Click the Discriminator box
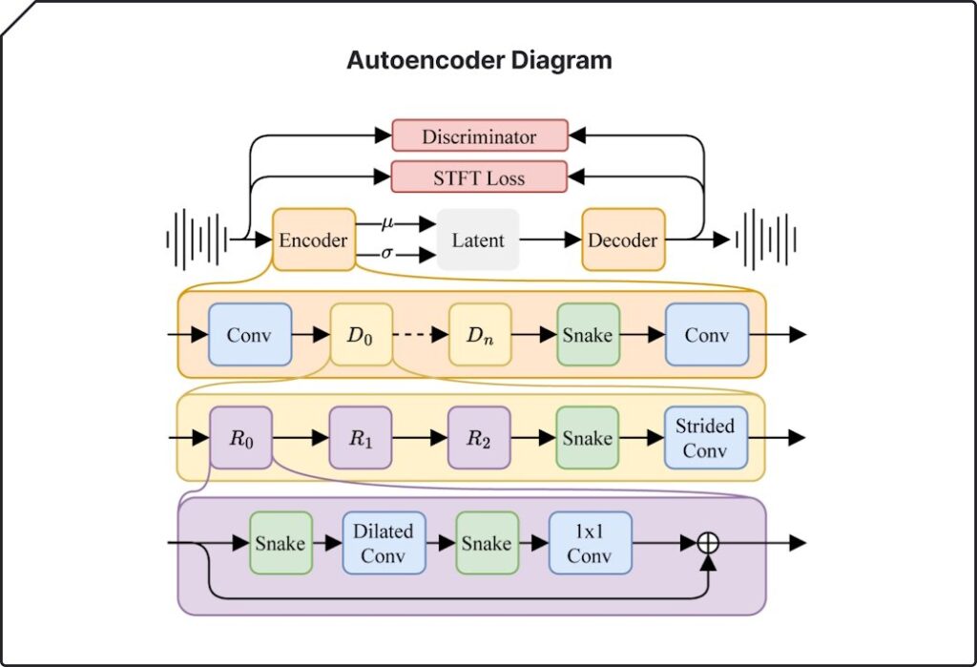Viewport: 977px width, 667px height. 480,135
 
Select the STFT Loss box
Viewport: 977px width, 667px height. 479,177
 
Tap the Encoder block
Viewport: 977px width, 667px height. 313,240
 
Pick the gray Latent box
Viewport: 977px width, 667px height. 478,240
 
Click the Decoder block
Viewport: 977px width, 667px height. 623,240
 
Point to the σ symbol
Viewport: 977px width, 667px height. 387,253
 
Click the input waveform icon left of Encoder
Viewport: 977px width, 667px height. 197,240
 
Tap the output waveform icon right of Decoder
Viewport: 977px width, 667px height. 766,240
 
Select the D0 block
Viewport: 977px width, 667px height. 361,335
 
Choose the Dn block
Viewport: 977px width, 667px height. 480,335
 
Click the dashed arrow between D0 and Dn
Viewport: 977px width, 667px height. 421,335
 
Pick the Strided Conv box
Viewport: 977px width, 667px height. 706,438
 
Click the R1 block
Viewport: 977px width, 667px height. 361,438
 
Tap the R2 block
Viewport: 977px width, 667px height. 479,438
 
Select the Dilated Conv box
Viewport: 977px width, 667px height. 384,543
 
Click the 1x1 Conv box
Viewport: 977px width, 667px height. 590,543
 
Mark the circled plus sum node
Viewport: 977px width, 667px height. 708,543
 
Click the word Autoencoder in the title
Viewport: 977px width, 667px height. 426,60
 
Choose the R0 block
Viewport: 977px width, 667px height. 241,438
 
